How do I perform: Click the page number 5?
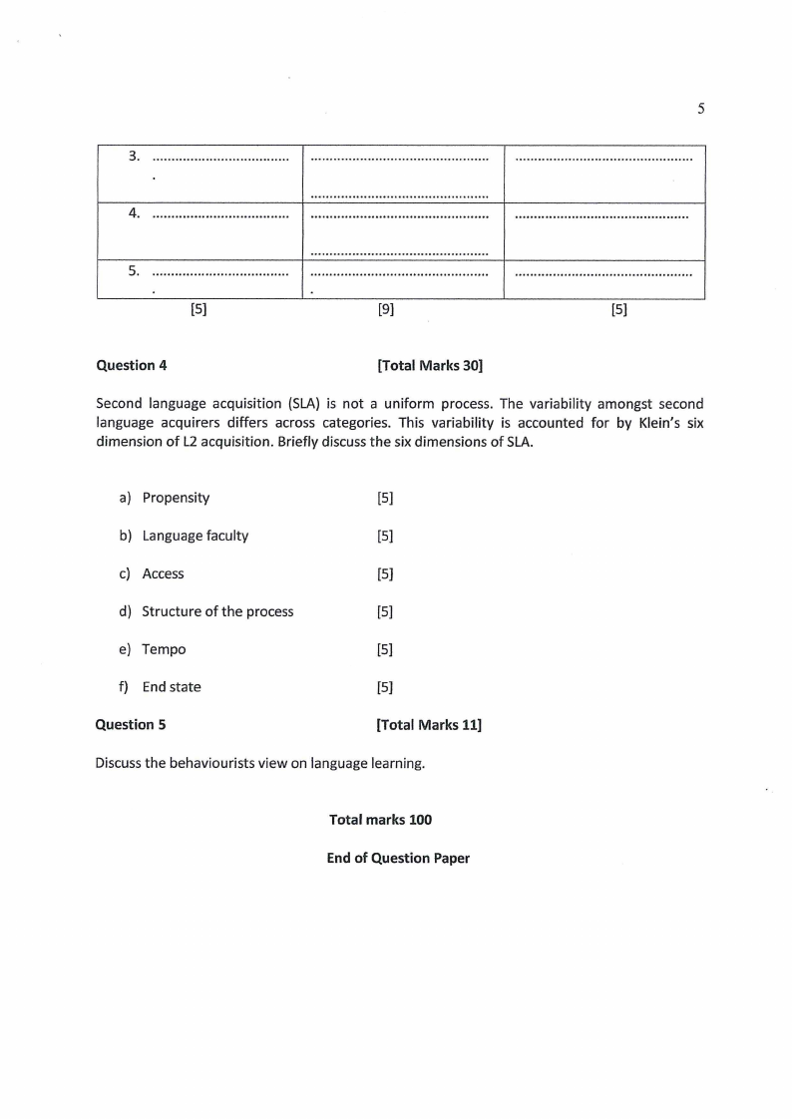point(701,109)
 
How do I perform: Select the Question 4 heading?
point(132,365)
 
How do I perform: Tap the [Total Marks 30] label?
point(430,365)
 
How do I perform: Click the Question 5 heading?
point(131,725)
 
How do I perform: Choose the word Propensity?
point(176,498)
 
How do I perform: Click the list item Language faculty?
point(195,536)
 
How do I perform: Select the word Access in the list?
point(163,573)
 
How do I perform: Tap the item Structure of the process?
point(217,611)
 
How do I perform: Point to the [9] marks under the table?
point(385,310)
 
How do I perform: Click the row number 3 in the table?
point(134,156)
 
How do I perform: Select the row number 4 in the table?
point(134,212)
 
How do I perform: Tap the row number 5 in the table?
point(134,270)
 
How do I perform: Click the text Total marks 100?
point(380,819)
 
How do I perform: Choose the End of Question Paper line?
point(398,858)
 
